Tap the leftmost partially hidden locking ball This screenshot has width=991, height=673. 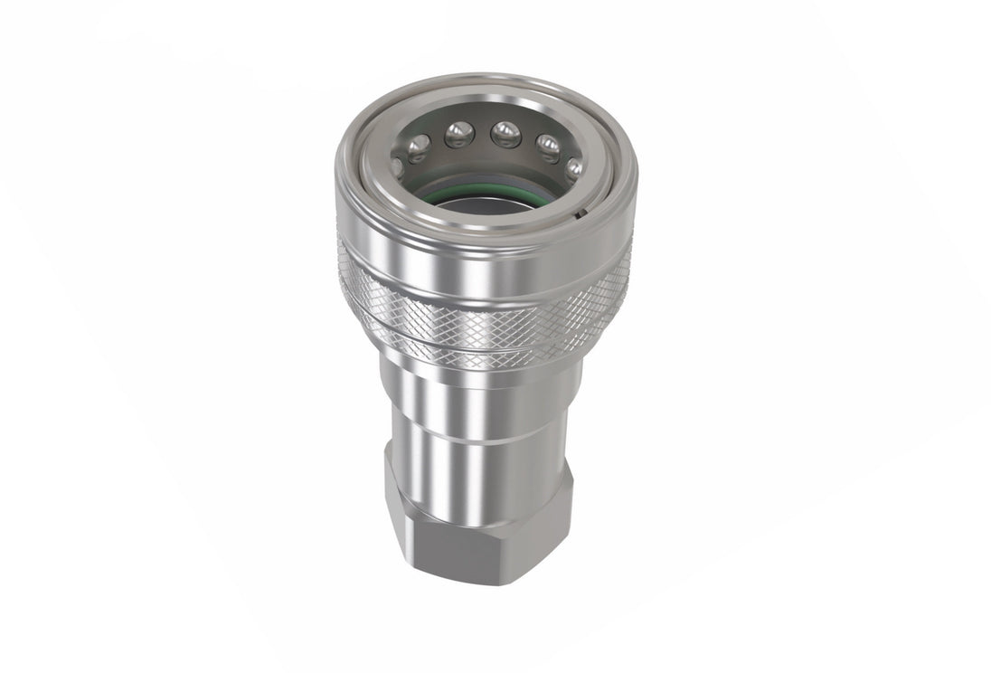397,166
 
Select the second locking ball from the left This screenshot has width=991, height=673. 418,147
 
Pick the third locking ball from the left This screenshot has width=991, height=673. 458,135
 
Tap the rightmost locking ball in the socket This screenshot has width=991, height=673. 573,166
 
